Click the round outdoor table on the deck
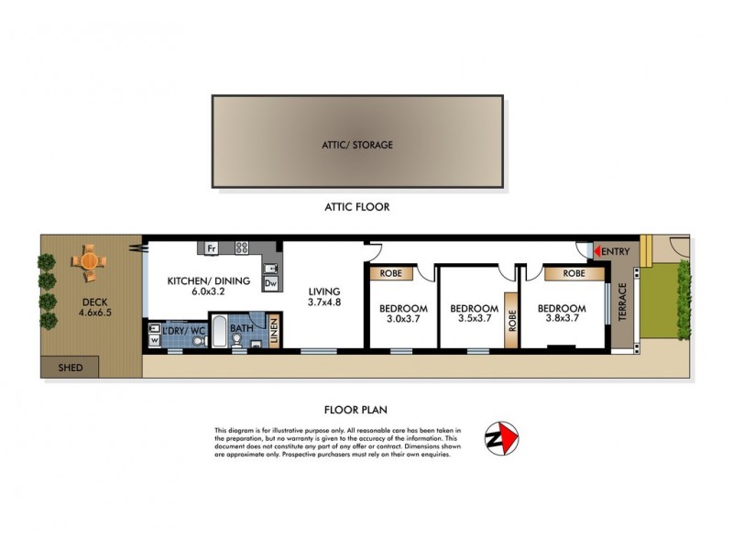[x=89, y=260]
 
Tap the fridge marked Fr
[x=211, y=247]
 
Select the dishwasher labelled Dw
[x=270, y=284]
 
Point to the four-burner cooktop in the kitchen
[x=242, y=247]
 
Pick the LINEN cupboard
[x=274, y=329]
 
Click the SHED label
[x=71, y=368]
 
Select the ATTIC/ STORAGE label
[x=357, y=145]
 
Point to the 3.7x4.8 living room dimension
[x=324, y=302]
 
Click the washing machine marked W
[x=153, y=339]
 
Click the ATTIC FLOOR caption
[x=357, y=207]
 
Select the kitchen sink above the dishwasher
[x=269, y=268]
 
